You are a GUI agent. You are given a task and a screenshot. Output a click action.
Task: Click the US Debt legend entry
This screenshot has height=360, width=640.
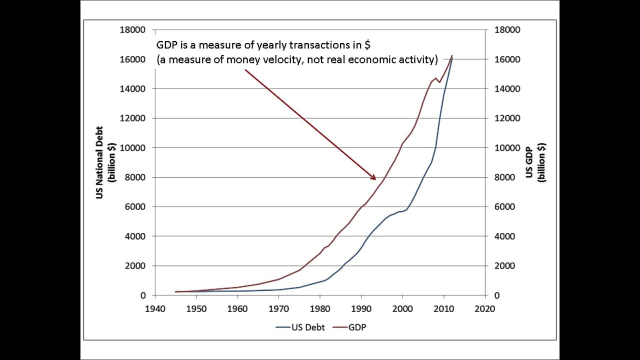click(300, 327)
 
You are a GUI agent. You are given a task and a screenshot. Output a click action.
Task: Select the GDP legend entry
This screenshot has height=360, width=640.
click(349, 327)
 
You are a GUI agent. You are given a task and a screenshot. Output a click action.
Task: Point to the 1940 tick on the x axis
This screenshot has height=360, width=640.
click(155, 309)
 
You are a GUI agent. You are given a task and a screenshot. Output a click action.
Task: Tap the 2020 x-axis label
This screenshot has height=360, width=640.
click(484, 309)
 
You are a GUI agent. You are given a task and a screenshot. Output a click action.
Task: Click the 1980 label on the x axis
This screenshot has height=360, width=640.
click(320, 309)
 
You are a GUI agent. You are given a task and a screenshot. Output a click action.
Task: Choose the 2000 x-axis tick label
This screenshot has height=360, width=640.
click(402, 309)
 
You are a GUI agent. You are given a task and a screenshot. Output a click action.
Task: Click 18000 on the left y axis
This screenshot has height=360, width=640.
click(132, 29)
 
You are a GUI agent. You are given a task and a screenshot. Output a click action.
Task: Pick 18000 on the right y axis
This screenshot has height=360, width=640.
click(507, 29)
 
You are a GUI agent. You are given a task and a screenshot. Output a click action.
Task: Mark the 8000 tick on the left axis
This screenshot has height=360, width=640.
click(135, 177)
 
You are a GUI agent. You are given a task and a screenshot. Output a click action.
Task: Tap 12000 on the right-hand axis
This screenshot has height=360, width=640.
click(507, 118)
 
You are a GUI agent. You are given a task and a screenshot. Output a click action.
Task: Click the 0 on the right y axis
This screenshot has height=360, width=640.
click(497, 295)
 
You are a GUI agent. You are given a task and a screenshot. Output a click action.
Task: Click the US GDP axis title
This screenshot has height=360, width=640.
click(535, 162)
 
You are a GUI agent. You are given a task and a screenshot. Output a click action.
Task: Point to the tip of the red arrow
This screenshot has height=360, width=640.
click(376, 179)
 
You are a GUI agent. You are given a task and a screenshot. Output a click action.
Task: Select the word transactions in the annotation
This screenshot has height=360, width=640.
click(321, 45)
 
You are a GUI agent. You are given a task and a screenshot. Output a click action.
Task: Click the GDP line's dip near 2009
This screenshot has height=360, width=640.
click(439, 82)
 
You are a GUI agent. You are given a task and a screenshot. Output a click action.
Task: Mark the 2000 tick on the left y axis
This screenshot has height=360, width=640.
click(135, 265)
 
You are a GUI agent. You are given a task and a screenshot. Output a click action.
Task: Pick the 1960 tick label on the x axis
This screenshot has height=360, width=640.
click(237, 309)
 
